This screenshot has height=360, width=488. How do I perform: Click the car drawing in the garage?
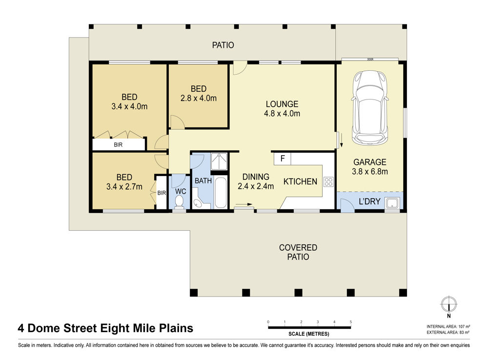click(x=370, y=108)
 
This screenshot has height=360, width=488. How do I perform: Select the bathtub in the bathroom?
click(x=221, y=193)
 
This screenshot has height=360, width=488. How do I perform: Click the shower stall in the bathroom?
click(x=219, y=161)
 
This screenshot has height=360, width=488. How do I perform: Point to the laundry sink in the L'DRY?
click(x=392, y=203)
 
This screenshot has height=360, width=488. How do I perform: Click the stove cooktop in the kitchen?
click(x=328, y=182)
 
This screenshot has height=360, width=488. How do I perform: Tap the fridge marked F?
click(x=282, y=159)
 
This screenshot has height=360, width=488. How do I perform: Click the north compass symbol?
click(x=449, y=304)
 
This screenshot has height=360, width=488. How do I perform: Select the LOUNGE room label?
click(x=282, y=104)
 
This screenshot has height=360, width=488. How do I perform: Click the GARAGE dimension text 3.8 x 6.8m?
click(x=370, y=171)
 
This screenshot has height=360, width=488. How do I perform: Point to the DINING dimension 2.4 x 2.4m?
click(x=256, y=186)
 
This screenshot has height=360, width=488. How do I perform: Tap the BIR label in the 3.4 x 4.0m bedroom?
click(x=118, y=145)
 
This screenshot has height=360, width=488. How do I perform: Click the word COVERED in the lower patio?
click(x=298, y=248)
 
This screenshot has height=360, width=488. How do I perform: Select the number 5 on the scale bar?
click(x=351, y=322)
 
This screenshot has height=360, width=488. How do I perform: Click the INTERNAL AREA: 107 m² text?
click(x=448, y=327)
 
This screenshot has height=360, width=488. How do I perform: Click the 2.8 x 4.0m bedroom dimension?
click(x=199, y=99)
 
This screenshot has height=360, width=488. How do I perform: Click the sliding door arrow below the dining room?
click(x=244, y=204)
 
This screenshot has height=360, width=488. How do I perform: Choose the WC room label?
click(x=181, y=191)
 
